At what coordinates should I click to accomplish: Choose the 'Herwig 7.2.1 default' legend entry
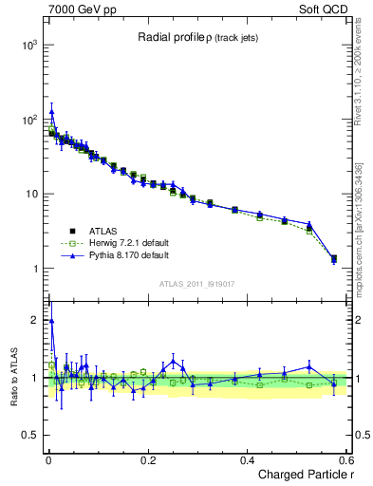pos(123,243)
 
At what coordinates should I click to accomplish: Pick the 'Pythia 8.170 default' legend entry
pos(121,255)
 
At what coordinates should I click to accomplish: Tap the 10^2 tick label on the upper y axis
pos(28,121)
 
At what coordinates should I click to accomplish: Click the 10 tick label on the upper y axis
pos(29,195)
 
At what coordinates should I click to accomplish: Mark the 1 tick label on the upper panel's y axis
pos(33,269)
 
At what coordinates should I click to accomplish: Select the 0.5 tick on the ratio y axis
pos(29,436)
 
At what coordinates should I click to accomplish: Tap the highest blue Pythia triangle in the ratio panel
pos(51,320)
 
